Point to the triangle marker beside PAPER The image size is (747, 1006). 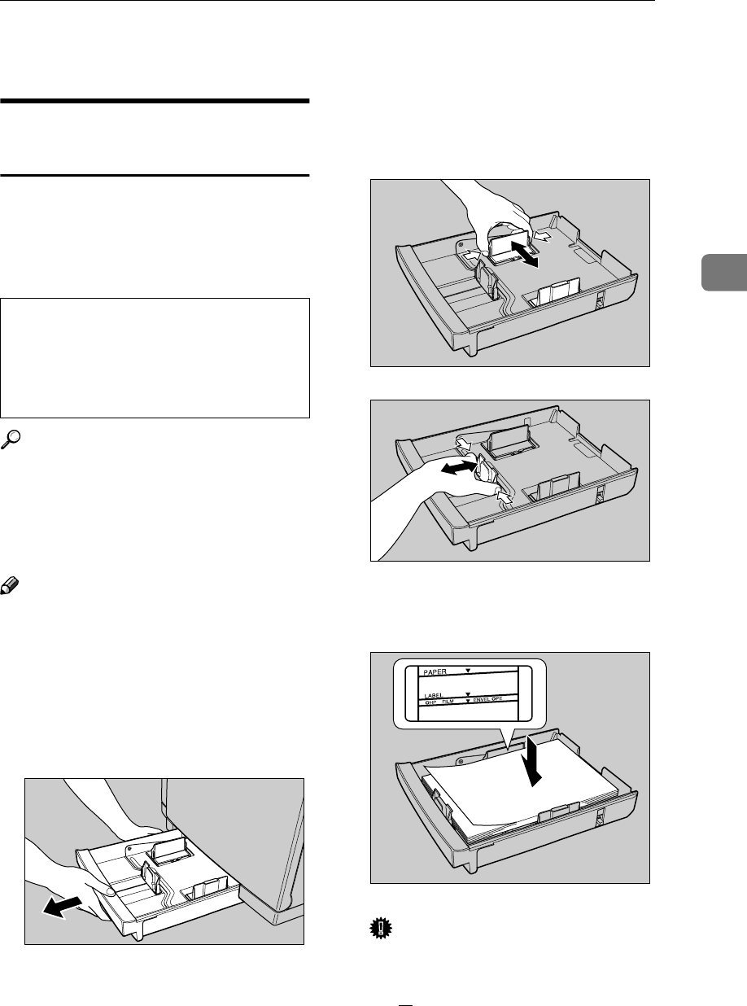tap(467, 674)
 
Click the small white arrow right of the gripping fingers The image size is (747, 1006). tap(546, 237)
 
